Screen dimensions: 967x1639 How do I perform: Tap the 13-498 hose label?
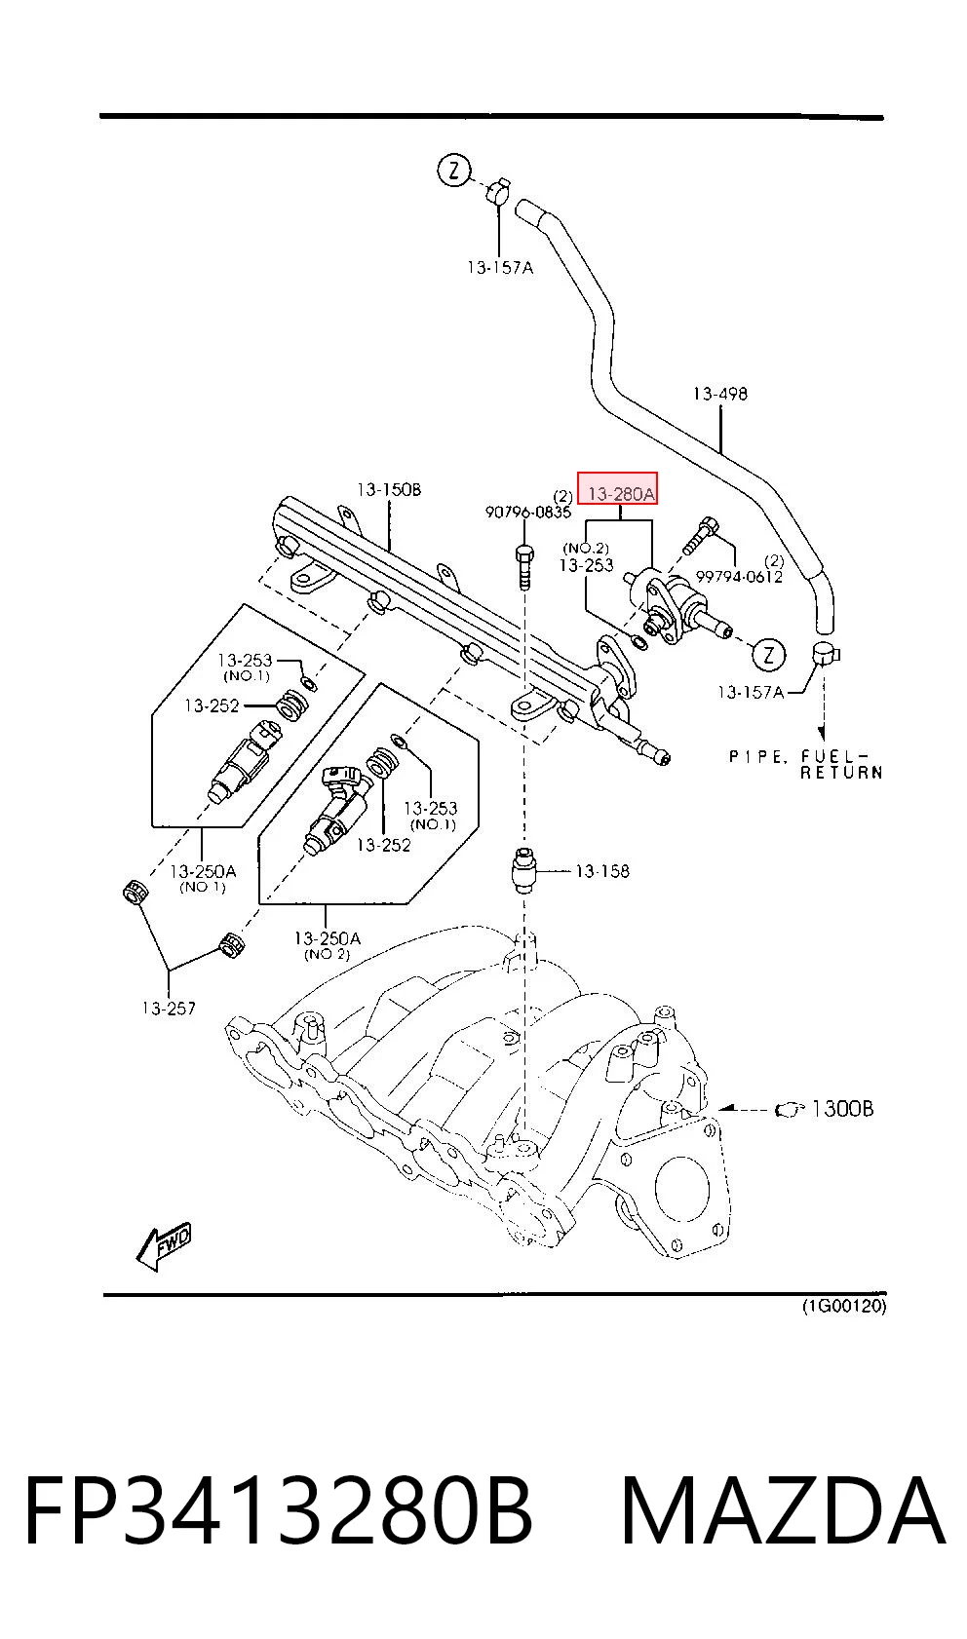click(720, 394)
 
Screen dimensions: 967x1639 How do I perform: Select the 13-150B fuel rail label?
click(389, 489)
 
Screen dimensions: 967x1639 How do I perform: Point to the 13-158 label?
click(602, 871)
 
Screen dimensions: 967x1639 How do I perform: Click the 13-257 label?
click(169, 1009)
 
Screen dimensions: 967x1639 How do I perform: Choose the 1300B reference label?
click(842, 1109)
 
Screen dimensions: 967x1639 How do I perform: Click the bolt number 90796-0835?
click(527, 513)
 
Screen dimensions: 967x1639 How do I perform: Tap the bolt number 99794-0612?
click(739, 577)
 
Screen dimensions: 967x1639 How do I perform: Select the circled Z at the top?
click(453, 172)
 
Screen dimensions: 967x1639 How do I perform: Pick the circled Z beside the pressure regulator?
click(768, 654)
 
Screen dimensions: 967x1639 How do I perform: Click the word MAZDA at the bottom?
click(784, 1511)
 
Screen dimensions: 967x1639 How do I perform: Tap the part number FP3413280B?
click(278, 1511)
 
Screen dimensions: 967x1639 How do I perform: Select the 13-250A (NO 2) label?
click(328, 944)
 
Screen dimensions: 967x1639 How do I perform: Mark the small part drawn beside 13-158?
click(524, 870)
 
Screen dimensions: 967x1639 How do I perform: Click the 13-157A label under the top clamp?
click(501, 268)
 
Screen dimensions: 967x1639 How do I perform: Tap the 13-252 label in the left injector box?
click(212, 705)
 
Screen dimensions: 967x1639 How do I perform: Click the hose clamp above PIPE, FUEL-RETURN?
click(825, 654)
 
